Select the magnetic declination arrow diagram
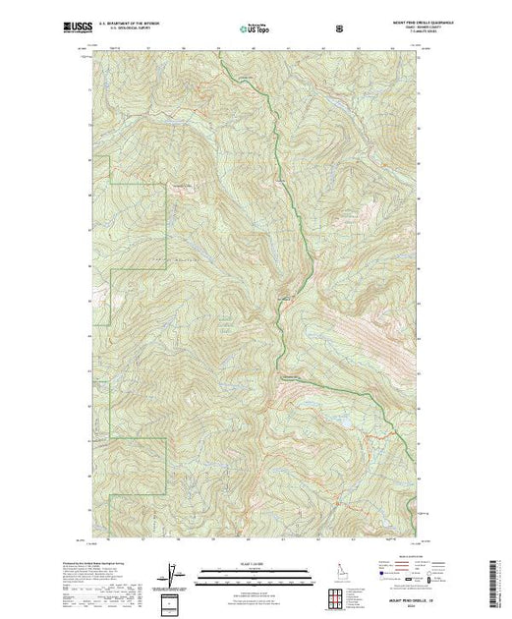[176, 571]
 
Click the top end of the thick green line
[218, 58]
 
